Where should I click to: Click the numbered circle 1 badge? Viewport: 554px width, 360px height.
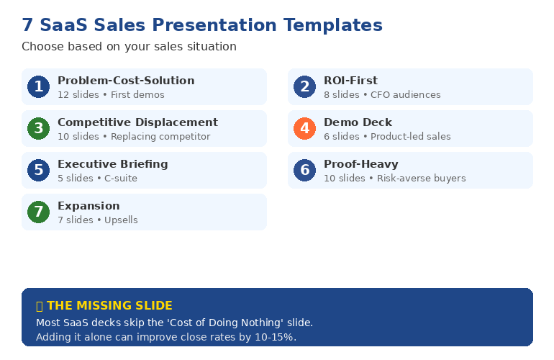tap(38, 87)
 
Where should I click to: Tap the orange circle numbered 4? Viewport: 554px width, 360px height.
tap(304, 129)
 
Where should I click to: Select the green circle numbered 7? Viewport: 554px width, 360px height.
tap(38, 212)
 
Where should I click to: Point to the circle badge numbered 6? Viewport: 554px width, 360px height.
tap(304, 171)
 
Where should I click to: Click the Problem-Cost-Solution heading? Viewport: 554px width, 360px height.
tap(126, 81)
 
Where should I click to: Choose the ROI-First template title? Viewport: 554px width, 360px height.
tap(350, 81)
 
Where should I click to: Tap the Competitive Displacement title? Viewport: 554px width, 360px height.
tap(137, 122)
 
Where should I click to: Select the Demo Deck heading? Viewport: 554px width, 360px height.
tap(358, 122)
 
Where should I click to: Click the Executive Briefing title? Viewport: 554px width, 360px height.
tap(113, 164)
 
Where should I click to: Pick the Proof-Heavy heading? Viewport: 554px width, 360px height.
tap(360, 164)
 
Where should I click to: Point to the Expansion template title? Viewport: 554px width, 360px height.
tap(88, 206)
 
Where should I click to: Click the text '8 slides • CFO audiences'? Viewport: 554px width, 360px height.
tap(382, 95)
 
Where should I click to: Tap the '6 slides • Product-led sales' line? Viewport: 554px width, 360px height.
tap(387, 137)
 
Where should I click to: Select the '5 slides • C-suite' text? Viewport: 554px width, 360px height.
tap(97, 179)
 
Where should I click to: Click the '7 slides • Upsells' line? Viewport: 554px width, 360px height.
tap(97, 220)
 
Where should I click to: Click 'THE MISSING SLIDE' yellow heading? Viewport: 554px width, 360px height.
tap(109, 306)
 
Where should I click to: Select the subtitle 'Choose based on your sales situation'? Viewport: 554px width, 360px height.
tap(129, 47)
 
